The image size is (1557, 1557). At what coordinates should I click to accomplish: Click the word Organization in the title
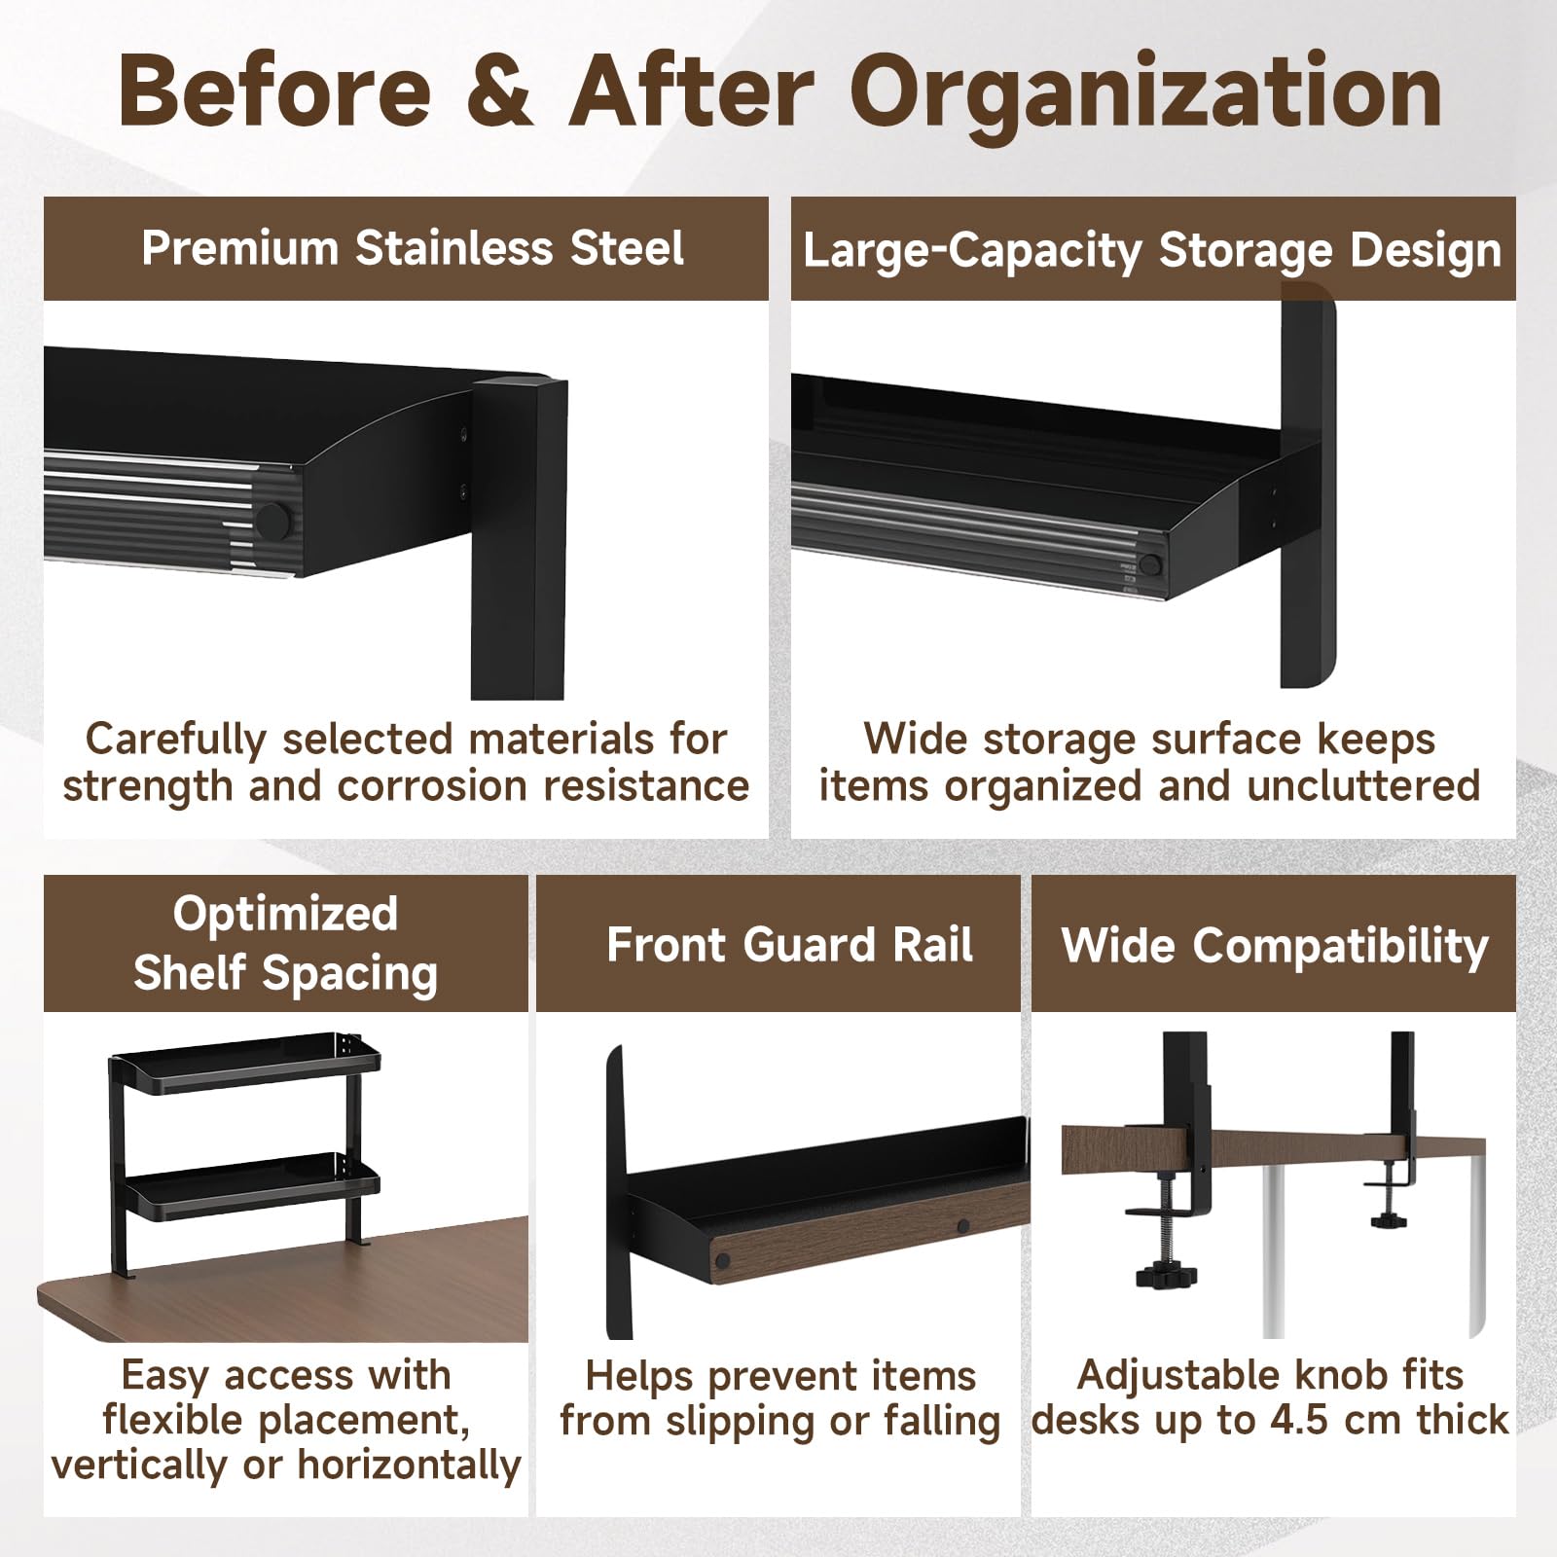(1146, 98)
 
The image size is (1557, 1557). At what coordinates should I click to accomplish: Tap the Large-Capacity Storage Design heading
(1152, 251)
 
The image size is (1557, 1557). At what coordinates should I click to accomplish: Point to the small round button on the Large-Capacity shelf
(1151, 564)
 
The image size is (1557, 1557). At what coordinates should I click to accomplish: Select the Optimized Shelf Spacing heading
(285, 943)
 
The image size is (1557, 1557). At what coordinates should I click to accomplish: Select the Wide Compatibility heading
(1275, 945)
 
